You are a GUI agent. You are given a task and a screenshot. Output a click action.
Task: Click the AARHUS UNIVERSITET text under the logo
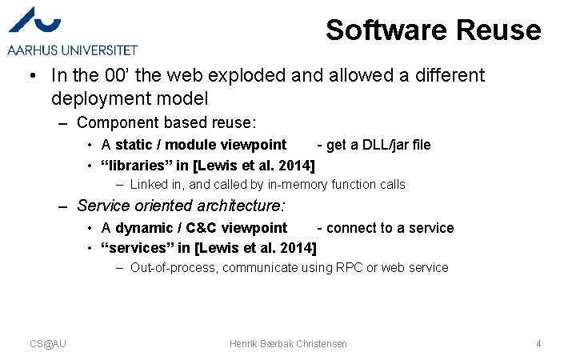[72, 50]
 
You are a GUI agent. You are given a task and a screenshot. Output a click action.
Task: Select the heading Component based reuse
[166, 122]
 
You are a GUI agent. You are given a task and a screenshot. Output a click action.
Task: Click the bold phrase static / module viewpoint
[200, 145]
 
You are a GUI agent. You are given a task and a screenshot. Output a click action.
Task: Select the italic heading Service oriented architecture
[181, 206]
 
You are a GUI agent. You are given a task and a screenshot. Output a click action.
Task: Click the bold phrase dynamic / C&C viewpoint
[201, 228]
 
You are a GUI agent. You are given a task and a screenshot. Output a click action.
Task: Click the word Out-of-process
[173, 268]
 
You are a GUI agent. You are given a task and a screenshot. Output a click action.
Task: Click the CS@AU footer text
[48, 343]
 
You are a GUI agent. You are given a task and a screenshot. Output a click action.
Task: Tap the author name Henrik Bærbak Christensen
[288, 343]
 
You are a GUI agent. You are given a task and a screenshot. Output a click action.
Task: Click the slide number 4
[538, 343]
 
